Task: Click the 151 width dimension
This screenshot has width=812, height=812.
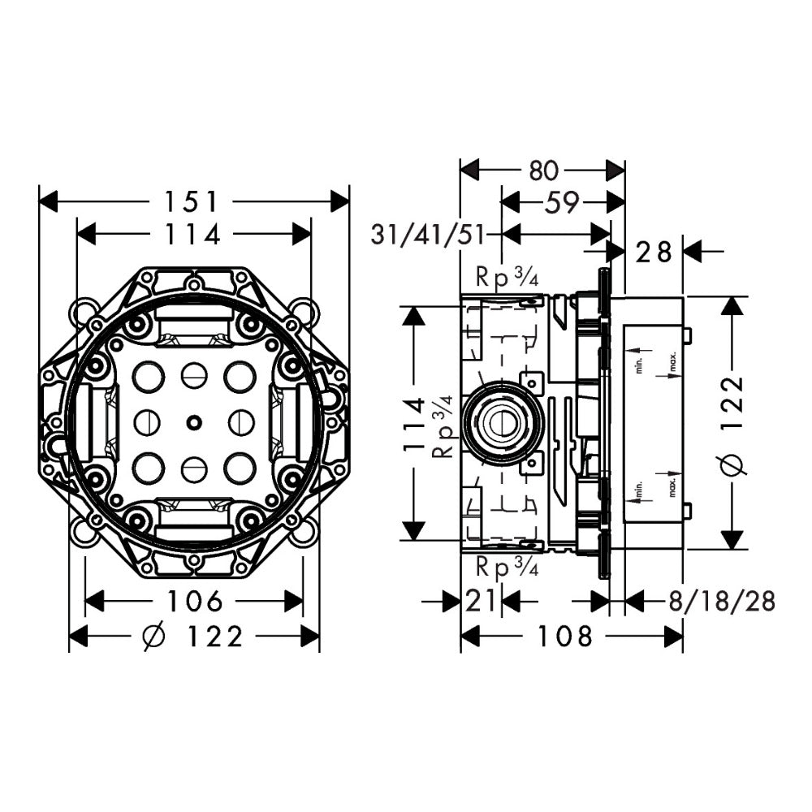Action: (193, 201)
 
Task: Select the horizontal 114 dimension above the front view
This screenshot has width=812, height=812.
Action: (193, 234)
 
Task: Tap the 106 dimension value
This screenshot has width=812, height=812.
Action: (194, 602)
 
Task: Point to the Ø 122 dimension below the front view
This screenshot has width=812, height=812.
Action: (193, 637)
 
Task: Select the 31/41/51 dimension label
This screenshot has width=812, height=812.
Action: (427, 235)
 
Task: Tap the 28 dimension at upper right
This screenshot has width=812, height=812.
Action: (654, 252)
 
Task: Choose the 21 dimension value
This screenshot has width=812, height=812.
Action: (481, 602)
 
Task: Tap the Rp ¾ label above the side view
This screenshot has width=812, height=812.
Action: (507, 278)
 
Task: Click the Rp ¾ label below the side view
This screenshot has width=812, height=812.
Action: (507, 567)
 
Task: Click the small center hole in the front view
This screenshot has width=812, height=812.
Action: (193, 422)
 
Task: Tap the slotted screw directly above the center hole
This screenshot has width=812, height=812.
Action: (193, 375)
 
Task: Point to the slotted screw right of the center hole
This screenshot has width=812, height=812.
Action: (240, 422)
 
